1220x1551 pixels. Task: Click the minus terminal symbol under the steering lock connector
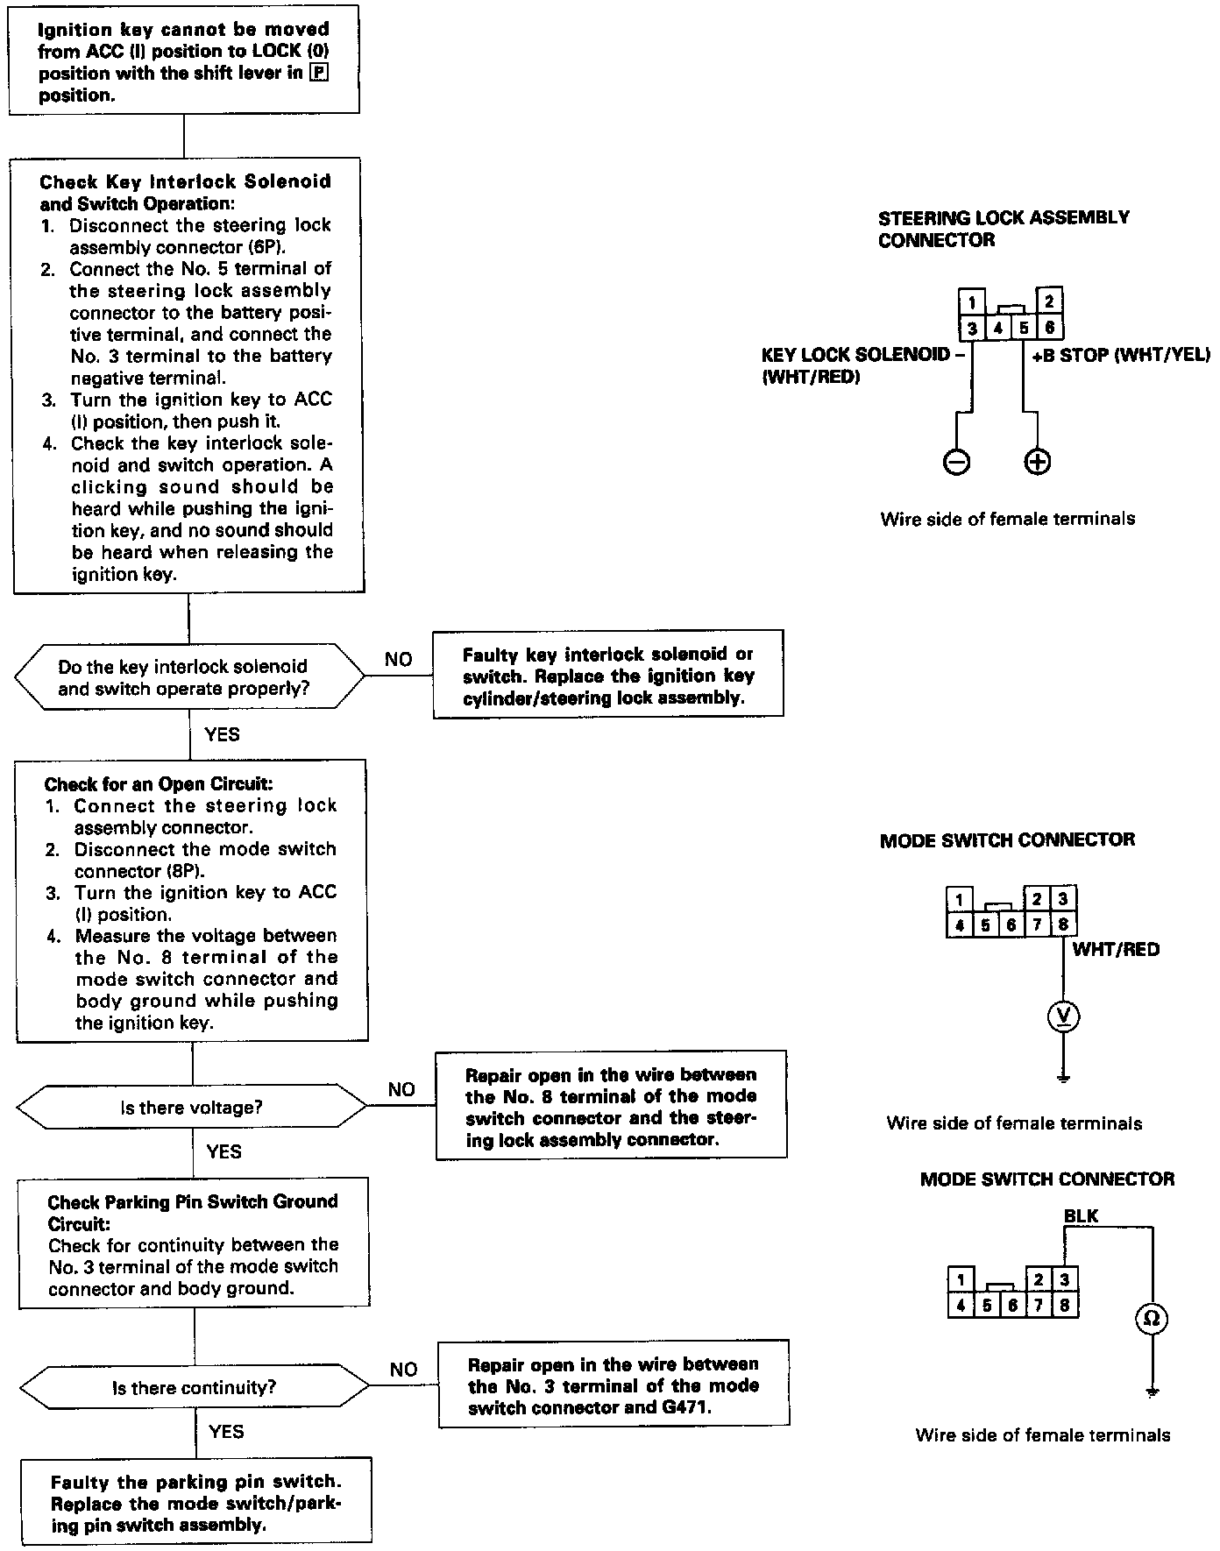pos(956,462)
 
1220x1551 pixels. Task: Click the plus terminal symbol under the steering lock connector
pos(1037,462)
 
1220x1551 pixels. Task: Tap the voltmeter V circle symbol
pos(1064,1016)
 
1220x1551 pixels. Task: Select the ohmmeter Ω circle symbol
pos(1153,1318)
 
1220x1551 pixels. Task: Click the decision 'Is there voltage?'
pos(192,1108)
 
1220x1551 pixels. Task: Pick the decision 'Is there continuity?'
pos(194,1388)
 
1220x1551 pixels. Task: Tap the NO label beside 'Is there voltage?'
pos(401,1089)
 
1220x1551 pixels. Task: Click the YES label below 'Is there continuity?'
pos(226,1432)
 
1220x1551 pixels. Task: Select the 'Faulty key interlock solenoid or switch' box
pos(608,675)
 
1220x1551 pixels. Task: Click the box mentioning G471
pos(614,1385)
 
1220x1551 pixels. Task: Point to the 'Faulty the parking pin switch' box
pos(196,1503)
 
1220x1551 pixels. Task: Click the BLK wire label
pos(1081,1216)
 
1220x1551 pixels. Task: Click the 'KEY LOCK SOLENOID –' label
pos(856,355)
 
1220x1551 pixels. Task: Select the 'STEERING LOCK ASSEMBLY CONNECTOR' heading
pos(1004,228)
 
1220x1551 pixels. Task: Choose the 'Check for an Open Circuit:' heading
pos(158,784)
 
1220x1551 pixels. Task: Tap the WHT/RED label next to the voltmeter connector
pos(1116,949)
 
